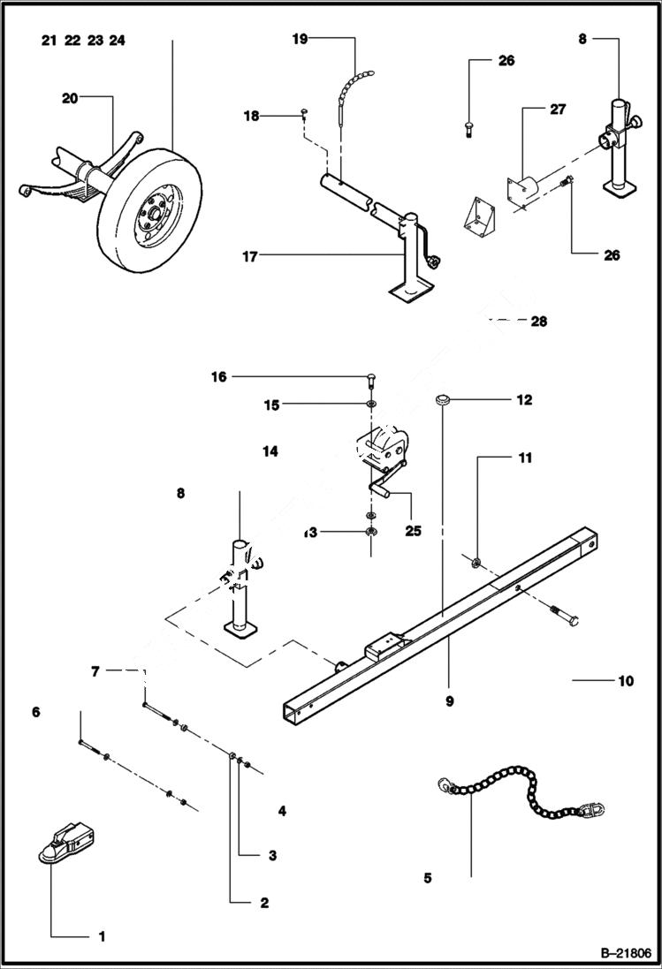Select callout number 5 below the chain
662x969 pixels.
[x=428, y=878]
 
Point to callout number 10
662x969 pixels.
[x=626, y=681]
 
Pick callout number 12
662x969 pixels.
[x=524, y=400]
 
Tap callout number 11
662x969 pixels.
[x=525, y=458]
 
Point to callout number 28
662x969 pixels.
[x=538, y=322]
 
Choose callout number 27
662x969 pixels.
[x=558, y=110]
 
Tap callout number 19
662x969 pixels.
[x=300, y=39]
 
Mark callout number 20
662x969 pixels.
[x=70, y=98]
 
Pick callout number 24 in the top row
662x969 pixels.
[x=118, y=40]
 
